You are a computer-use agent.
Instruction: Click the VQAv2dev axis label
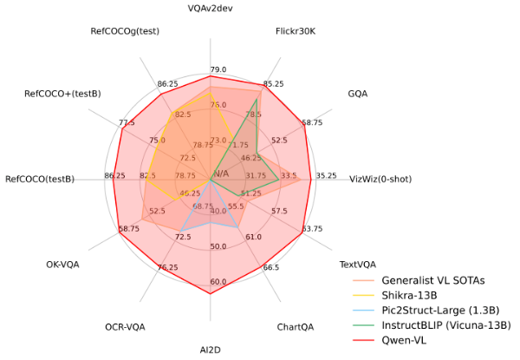210,9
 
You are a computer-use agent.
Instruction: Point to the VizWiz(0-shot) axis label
380,180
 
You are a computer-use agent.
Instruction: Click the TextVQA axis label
357,264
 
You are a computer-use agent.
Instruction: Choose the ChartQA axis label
296,327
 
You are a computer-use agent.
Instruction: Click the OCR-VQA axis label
125,327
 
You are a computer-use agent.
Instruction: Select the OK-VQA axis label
62,264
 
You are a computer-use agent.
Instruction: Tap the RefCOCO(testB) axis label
40,180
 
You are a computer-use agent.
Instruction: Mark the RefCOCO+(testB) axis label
62,93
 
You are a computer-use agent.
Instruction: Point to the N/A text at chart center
222,173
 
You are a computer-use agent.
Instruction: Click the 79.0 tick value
218,69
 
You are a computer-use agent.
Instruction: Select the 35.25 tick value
326,175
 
